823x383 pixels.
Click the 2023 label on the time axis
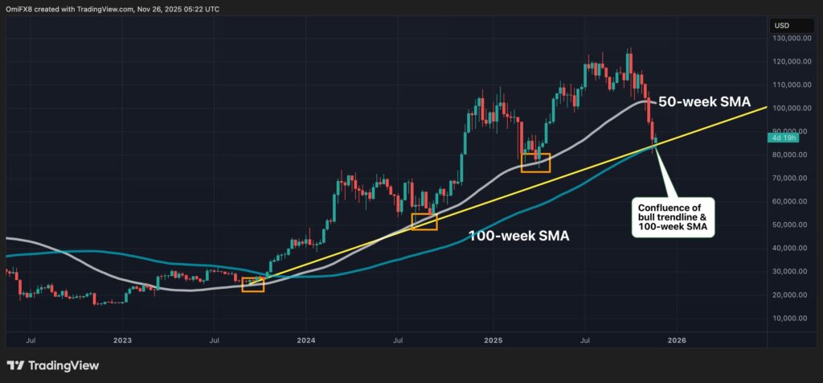(122, 340)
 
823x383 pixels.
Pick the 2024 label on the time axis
(306, 340)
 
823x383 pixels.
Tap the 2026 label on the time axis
(676, 340)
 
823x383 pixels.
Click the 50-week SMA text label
(704, 102)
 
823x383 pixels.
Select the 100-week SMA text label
(518, 237)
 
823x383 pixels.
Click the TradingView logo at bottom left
(53, 365)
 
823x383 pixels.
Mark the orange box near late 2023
(252, 284)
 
